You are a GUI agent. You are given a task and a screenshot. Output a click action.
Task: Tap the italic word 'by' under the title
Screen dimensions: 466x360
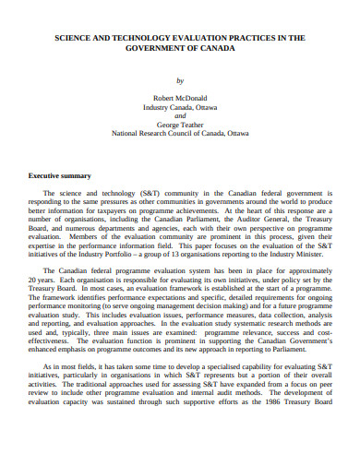click(180, 80)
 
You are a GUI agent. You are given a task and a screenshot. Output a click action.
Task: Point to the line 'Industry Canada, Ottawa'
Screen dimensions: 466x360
click(180, 107)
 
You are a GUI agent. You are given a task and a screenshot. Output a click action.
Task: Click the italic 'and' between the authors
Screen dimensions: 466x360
click(180, 116)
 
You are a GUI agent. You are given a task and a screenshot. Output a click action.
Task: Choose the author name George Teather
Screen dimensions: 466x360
click(180, 125)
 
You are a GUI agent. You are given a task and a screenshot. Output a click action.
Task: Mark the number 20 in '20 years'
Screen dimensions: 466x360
click(34, 280)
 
